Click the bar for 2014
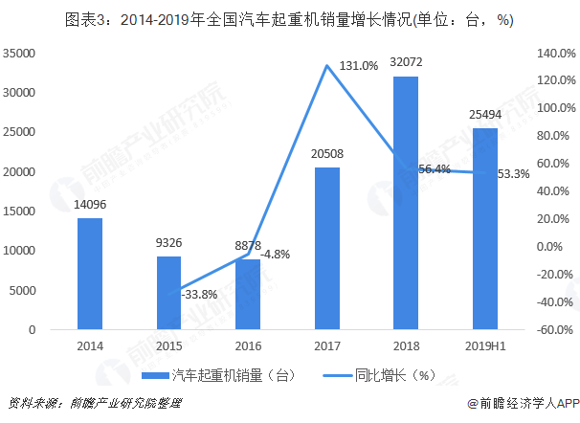click(90, 274)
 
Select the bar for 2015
click(168, 293)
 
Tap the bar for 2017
click(327, 249)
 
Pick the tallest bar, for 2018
click(406, 203)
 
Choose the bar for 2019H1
click(485, 229)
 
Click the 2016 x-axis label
click(248, 346)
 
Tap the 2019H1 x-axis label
click(485, 346)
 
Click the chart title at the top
click(289, 19)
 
